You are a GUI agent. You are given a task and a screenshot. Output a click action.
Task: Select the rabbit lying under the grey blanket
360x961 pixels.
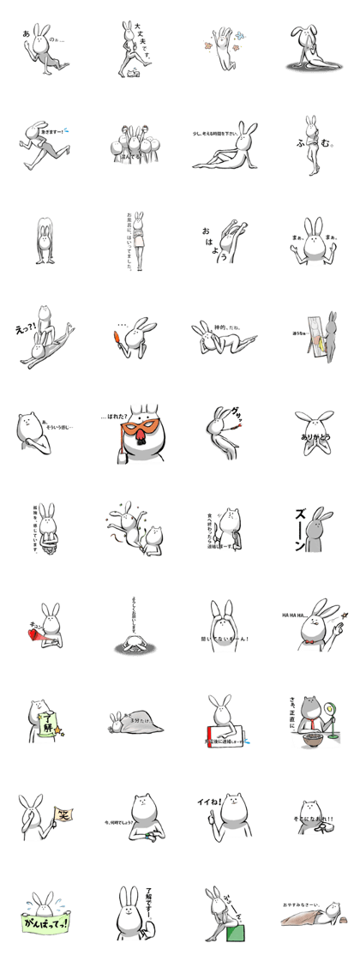130,722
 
